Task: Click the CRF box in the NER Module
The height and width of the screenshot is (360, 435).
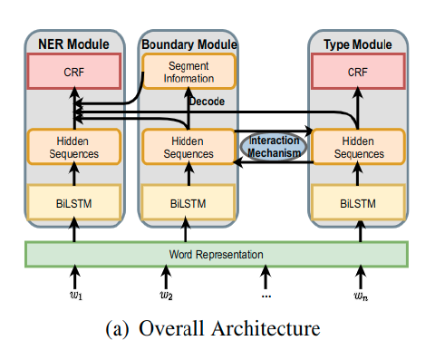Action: [x=75, y=71]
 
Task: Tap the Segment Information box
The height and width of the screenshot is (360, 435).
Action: [x=188, y=70]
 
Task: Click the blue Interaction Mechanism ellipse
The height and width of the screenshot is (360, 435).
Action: [x=274, y=146]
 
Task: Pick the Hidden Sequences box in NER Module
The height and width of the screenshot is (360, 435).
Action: [x=75, y=147]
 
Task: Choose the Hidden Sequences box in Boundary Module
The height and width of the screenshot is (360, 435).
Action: [x=188, y=147]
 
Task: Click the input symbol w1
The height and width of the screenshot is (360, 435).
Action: [x=75, y=295]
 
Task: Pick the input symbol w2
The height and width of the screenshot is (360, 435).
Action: [x=167, y=295]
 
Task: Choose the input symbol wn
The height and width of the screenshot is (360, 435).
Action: [x=360, y=295]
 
